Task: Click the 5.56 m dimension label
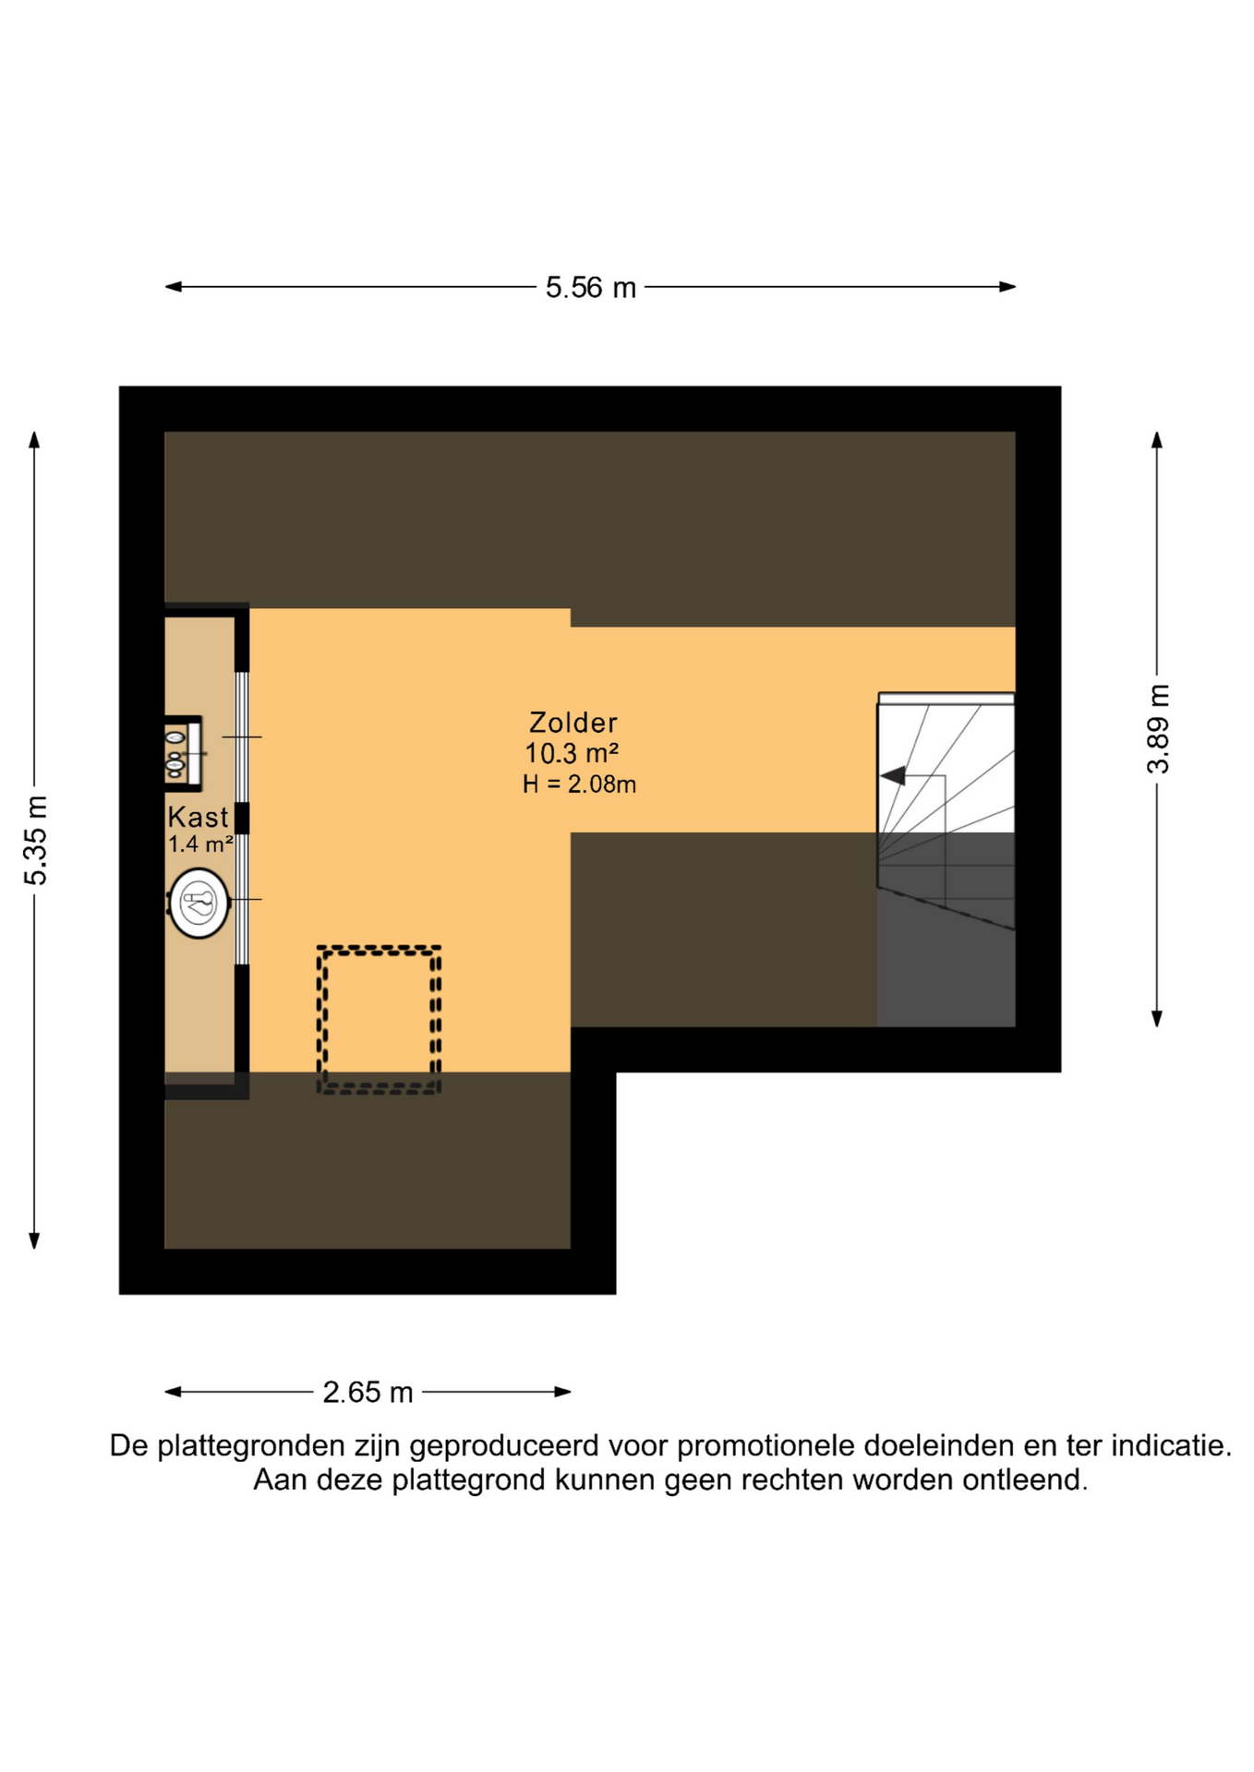(x=591, y=288)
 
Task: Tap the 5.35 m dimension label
(x=35, y=840)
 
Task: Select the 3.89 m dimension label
(x=1158, y=729)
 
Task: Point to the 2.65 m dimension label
(x=368, y=1392)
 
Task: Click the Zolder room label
(x=573, y=723)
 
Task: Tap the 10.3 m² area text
(x=572, y=753)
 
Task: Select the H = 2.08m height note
(x=579, y=784)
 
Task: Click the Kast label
(x=198, y=818)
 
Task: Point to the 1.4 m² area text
(x=200, y=844)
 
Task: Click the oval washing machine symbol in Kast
(x=199, y=904)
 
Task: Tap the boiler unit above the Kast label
(x=184, y=753)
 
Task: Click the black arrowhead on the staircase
(x=893, y=776)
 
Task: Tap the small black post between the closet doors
(x=242, y=819)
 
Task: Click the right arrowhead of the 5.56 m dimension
(x=1008, y=287)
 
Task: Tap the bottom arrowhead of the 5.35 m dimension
(x=34, y=1240)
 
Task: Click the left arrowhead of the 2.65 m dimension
(x=173, y=1392)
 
